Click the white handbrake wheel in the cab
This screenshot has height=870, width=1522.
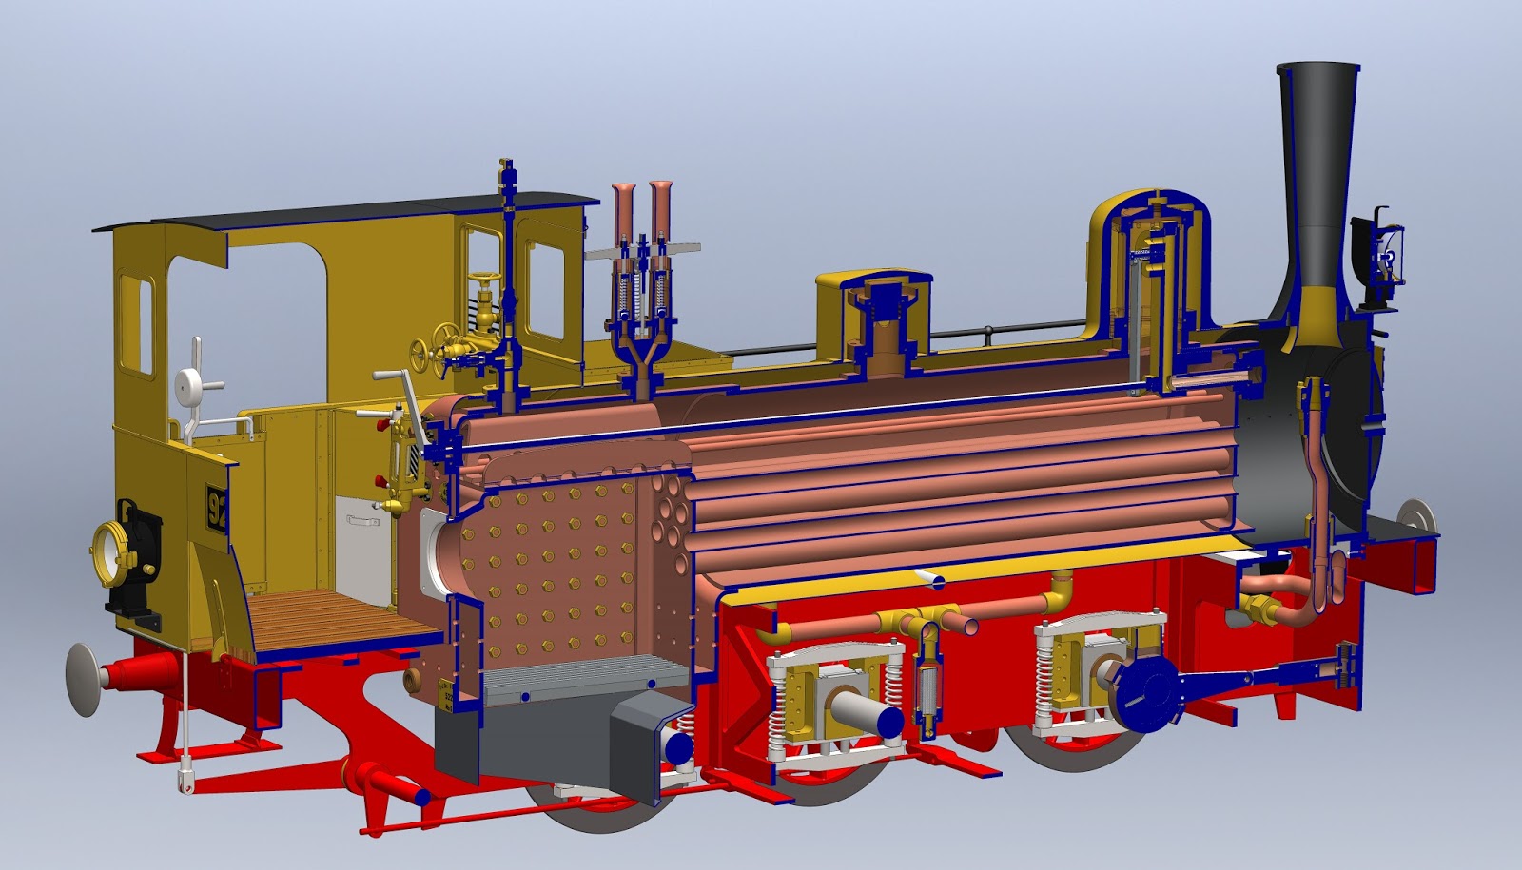pos(188,382)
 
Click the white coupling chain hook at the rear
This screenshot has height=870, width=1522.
pos(182,779)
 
